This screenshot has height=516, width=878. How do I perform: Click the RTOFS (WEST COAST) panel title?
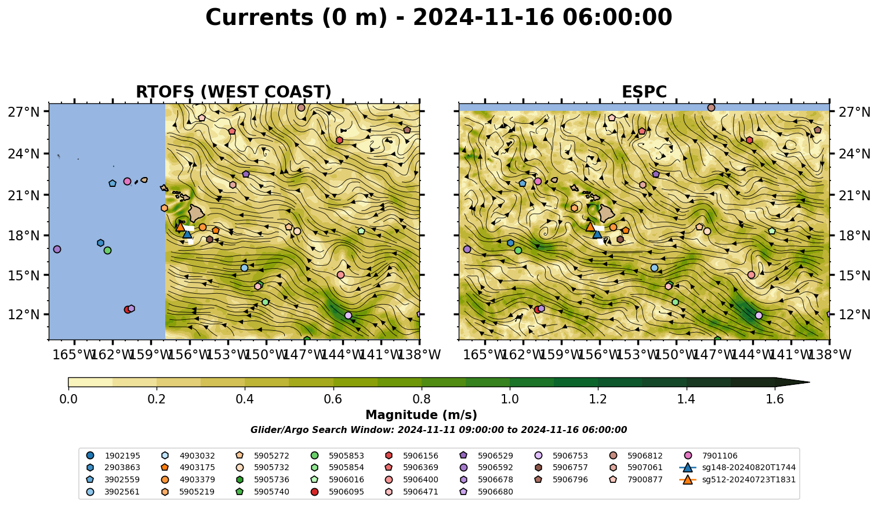pos(234,92)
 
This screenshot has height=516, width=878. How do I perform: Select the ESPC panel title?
pos(644,92)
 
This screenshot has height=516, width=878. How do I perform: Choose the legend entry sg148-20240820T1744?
pos(737,467)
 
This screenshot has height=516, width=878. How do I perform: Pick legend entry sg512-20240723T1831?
pos(737,479)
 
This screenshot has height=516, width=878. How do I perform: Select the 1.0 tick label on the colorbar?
pos(510,399)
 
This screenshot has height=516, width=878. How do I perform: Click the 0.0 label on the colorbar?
pos(68,399)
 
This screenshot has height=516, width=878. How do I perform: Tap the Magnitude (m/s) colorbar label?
pos(422,415)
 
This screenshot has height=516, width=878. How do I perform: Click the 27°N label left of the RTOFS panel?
pos(24,112)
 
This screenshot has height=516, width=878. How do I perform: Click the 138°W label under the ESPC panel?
pos(829,355)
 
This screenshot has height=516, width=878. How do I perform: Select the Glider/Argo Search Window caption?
pos(438,430)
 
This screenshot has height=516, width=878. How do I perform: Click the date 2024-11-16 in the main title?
pos(484,17)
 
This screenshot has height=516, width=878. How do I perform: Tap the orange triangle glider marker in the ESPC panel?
pos(590,227)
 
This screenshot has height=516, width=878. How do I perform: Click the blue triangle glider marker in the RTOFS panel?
pos(187,234)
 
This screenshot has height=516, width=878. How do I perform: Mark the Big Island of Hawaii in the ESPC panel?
pos(607,213)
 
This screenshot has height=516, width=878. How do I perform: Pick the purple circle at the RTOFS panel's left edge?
pos(57,249)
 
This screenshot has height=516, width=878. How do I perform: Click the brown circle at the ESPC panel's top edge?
pos(711,107)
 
